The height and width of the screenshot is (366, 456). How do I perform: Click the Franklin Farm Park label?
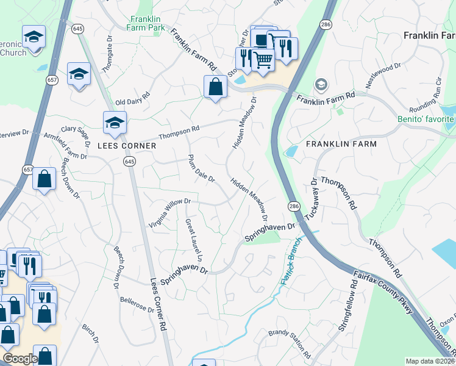tap(147, 23)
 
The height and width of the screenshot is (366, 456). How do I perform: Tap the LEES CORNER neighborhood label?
tap(127, 146)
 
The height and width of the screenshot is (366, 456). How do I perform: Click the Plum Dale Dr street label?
tap(201, 168)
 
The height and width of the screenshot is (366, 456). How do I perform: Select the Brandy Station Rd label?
tap(290, 344)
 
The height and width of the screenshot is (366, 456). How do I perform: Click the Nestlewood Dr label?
tap(383, 74)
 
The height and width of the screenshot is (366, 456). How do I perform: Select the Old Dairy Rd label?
tap(132, 98)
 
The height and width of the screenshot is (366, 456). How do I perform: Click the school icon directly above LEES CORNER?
tap(114, 123)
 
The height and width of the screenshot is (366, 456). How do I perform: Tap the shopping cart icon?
tap(262, 60)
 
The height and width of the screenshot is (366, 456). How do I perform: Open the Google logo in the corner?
tap(20, 359)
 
